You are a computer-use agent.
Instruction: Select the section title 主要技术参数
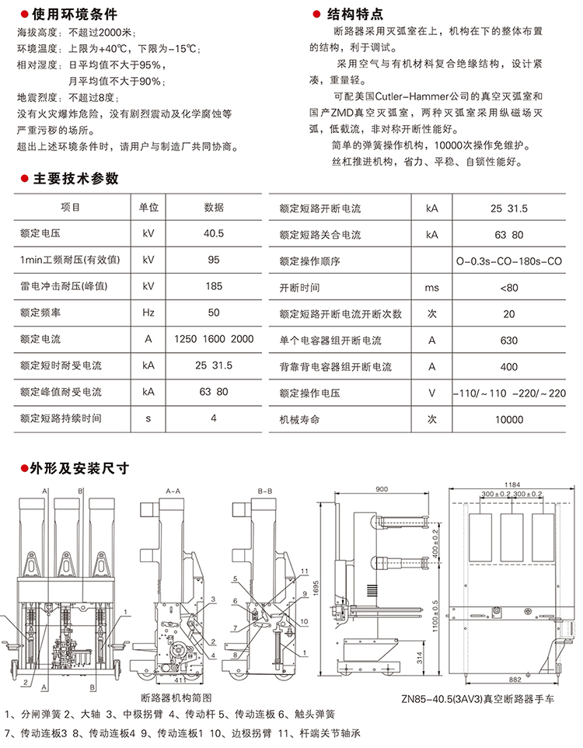point(76,179)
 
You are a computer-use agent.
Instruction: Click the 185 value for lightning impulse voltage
point(214,286)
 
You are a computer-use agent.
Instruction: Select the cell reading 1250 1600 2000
point(214,339)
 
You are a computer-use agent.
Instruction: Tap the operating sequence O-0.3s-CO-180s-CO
point(508,261)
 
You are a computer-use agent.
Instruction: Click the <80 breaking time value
point(508,288)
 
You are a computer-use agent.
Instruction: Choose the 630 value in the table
point(508,341)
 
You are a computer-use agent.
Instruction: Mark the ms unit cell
point(431,288)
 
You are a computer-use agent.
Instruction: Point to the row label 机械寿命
point(300,420)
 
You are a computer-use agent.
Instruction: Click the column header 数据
point(214,208)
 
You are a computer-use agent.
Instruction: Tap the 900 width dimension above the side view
point(381,489)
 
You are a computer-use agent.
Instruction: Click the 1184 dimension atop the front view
point(510,484)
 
